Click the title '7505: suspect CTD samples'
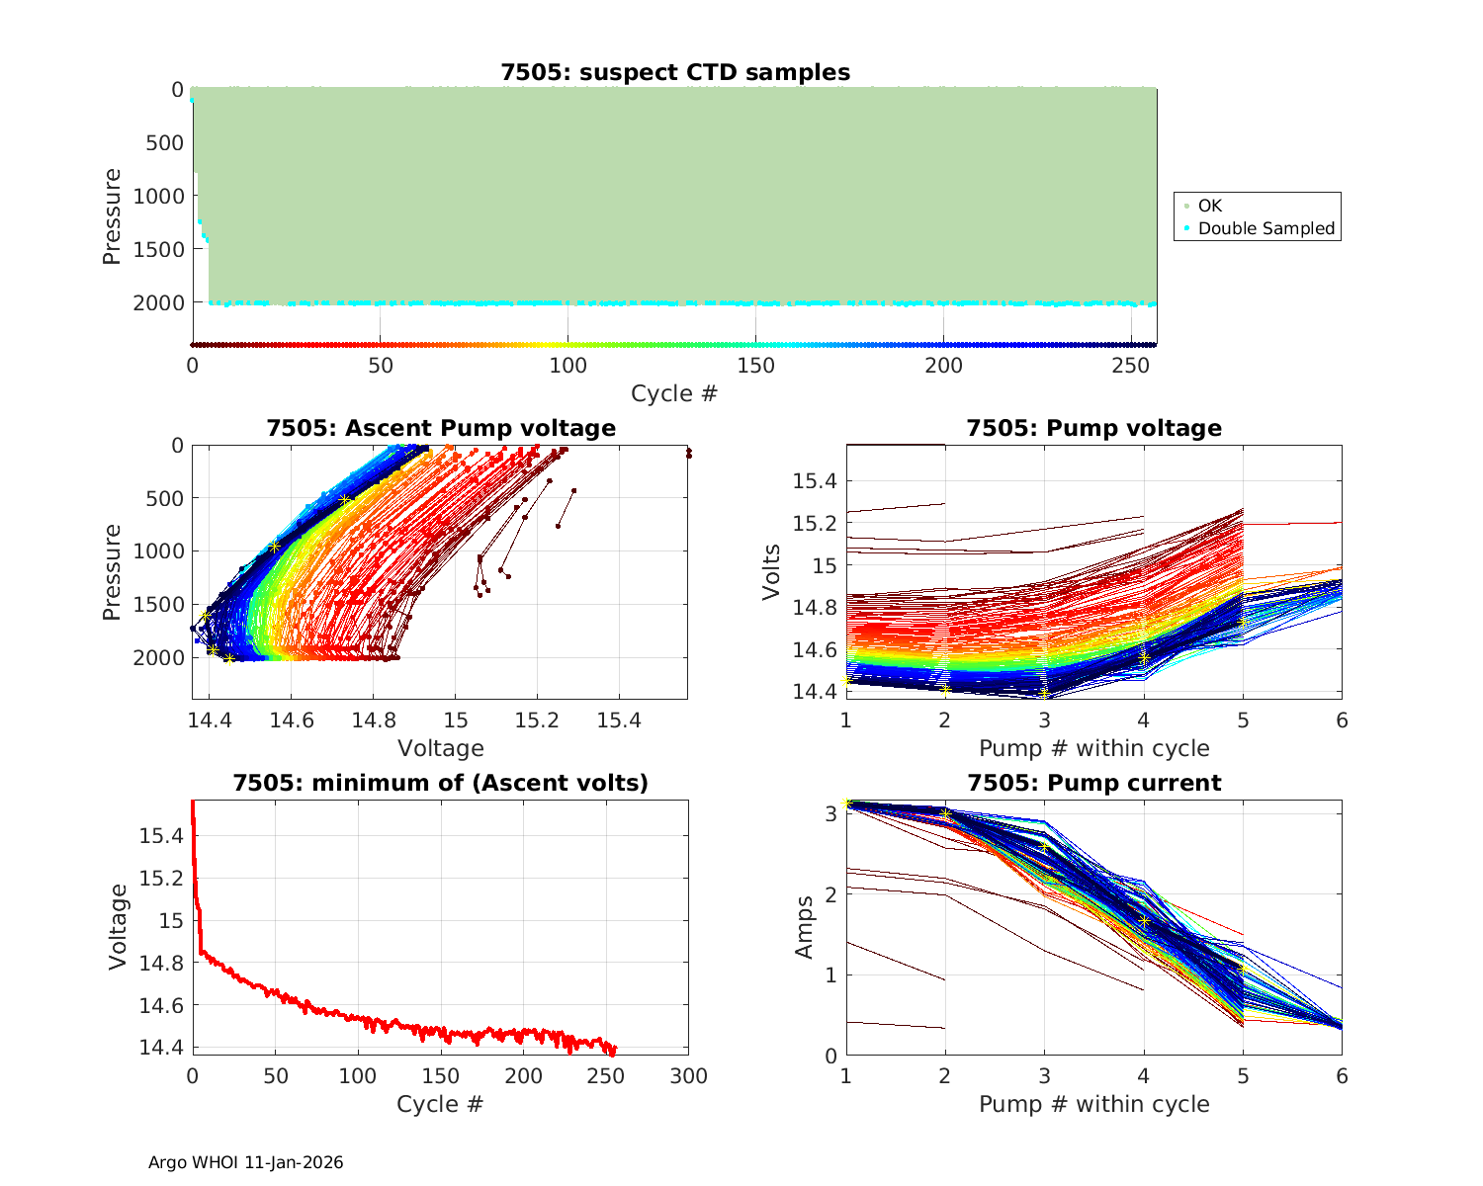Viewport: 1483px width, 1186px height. (675, 72)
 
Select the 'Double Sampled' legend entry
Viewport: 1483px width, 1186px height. (1265, 228)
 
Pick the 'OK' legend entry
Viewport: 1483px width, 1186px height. (1209, 206)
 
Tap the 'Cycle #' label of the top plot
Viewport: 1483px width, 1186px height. (674, 393)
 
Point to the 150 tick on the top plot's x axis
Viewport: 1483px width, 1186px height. (755, 366)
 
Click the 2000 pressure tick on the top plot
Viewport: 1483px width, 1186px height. (158, 302)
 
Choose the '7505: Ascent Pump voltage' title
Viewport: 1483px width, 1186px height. (441, 428)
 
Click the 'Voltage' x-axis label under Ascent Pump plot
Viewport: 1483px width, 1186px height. (440, 748)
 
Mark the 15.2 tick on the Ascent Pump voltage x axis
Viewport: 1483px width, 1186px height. (537, 720)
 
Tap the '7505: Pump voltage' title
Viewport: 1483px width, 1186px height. (1093, 428)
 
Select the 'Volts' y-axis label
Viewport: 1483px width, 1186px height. (771, 571)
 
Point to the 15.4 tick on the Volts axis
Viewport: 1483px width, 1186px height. (815, 481)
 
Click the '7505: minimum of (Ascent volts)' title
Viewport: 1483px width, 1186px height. (441, 783)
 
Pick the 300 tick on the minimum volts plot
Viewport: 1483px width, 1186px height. (688, 1076)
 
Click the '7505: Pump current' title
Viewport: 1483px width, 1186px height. (1093, 783)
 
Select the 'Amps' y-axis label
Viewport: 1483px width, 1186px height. (805, 926)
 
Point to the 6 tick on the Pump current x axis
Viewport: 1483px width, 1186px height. (1342, 1076)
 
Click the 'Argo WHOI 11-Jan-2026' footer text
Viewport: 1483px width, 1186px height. (245, 1162)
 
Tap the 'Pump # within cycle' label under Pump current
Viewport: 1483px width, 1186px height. (1093, 1104)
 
